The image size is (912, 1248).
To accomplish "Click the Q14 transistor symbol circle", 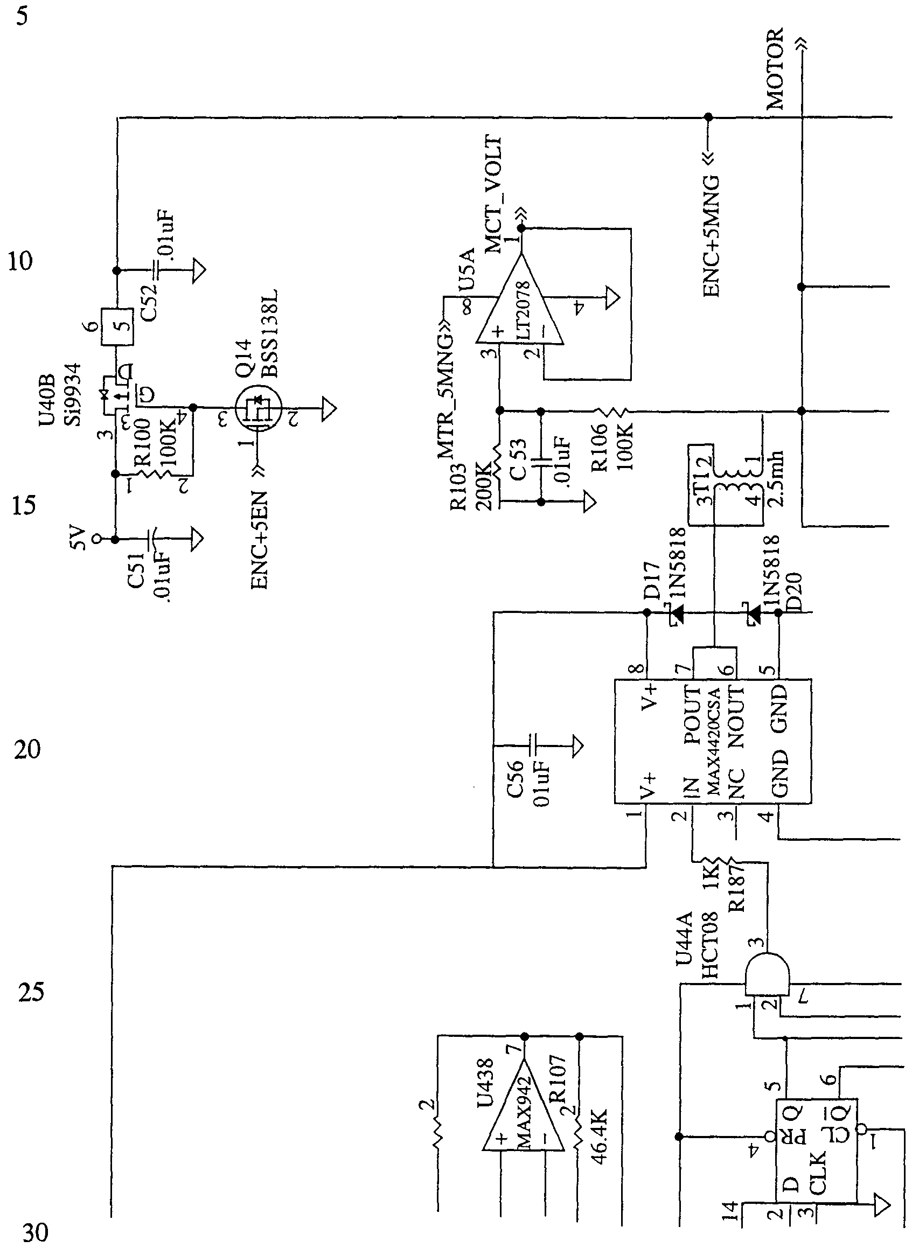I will [258, 408].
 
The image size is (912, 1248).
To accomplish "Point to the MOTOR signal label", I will [775, 68].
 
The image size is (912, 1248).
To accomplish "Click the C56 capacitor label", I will [514, 779].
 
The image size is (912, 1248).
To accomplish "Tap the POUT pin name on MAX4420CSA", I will [692, 714].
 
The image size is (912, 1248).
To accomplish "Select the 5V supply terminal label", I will [78, 538].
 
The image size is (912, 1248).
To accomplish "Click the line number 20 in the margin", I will [27, 750].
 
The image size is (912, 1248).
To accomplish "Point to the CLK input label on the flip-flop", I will [818, 1174].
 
